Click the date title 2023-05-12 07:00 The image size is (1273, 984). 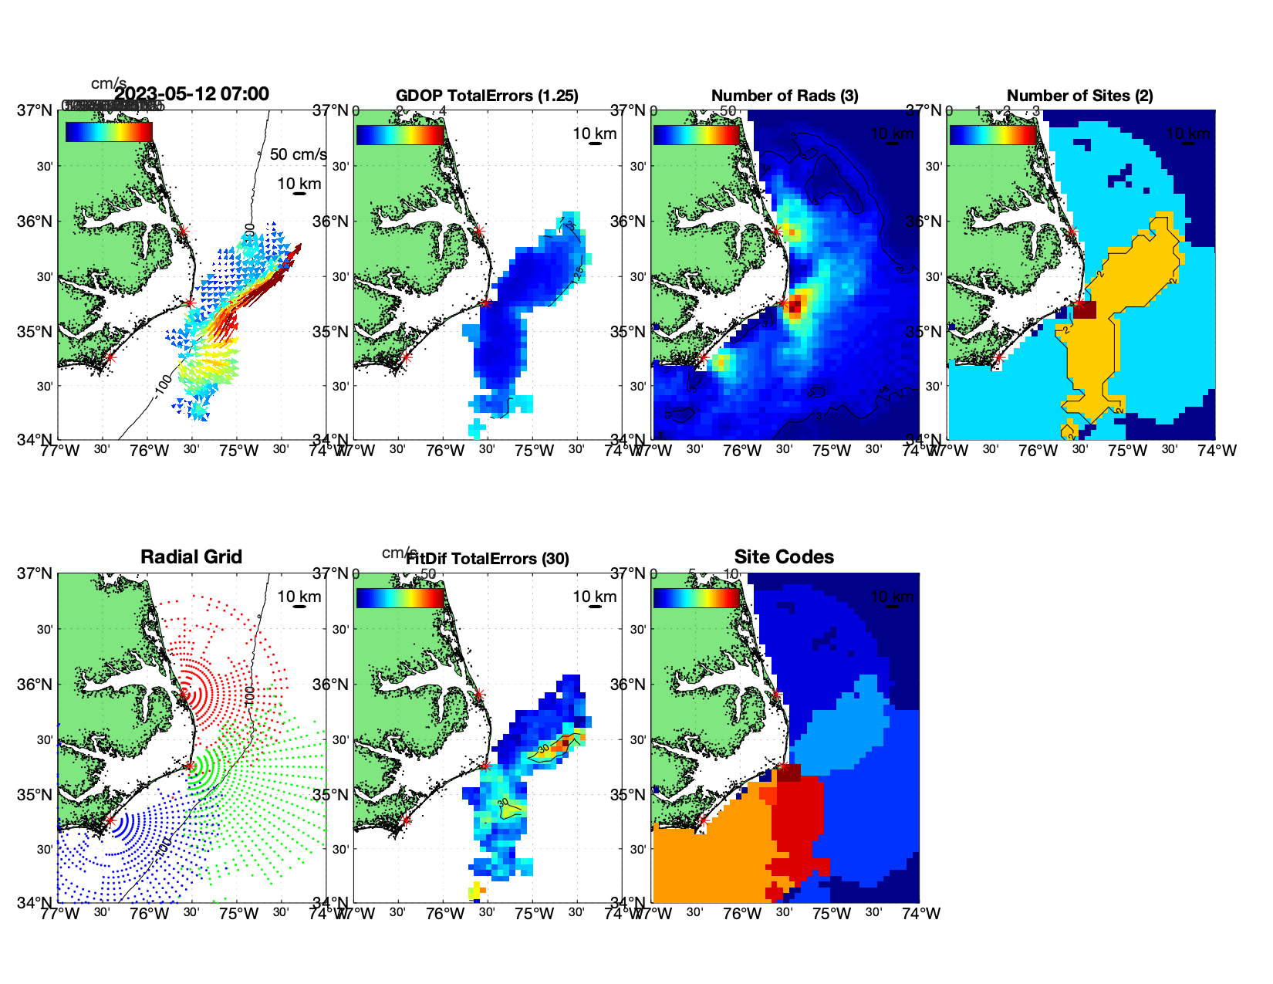pyautogui.click(x=191, y=94)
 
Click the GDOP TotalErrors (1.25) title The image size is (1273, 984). pyautogui.click(x=487, y=96)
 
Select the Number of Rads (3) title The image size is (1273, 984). pyautogui.click(x=785, y=96)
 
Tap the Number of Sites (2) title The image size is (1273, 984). pyautogui.click(x=1079, y=96)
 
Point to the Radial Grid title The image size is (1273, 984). pyautogui.click(x=191, y=557)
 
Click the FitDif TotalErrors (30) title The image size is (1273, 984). pyautogui.click(x=488, y=559)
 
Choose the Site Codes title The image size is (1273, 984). pyautogui.click(x=784, y=557)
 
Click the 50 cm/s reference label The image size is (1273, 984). pyautogui.click(x=298, y=154)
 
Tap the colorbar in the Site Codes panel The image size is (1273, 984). pyautogui.click(x=696, y=598)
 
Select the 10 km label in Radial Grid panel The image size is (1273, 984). pyautogui.click(x=299, y=597)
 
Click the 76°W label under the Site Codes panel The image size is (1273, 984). pyautogui.click(x=742, y=914)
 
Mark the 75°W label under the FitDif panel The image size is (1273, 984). pyautogui.click(x=534, y=914)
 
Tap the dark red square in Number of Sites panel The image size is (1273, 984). pyautogui.click(x=1085, y=309)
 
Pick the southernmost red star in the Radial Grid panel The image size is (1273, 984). pyautogui.click(x=110, y=820)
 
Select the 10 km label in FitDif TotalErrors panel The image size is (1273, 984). pyautogui.click(x=594, y=597)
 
